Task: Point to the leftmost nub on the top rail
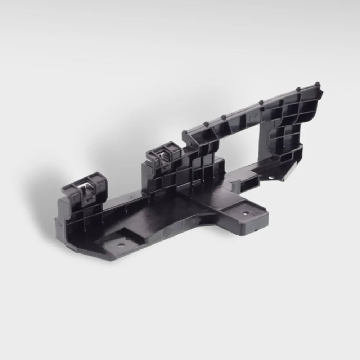pos(185,132)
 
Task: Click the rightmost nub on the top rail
pos(317,84)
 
